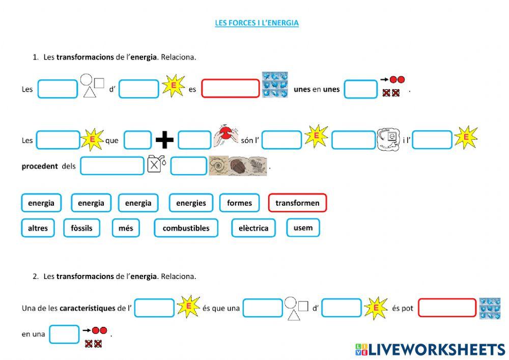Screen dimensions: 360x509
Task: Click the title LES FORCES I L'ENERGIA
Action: point(257,23)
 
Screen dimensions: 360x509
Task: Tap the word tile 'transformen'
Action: point(297,203)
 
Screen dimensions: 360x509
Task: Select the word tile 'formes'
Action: point(239,203)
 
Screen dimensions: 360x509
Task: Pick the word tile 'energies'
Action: point(191,203)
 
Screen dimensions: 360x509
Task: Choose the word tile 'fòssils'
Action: point(81,228)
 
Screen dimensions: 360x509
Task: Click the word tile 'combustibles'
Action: point(186,228)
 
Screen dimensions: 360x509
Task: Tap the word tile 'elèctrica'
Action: point(253,228)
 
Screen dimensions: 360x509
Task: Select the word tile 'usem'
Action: point(303,228)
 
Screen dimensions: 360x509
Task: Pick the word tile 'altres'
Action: point(38,228)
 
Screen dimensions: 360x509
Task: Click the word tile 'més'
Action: point(126,228)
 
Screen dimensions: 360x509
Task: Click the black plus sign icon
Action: point(164,140)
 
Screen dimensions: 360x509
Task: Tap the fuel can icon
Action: point(156,164)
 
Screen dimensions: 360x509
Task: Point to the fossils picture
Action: point(238,166)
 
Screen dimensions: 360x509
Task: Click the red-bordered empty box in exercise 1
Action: point(231,89)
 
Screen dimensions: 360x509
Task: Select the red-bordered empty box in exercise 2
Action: point(447,308)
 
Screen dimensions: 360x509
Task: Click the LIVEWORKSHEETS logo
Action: point(430,349)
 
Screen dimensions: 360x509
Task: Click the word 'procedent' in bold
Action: point(40,166)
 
